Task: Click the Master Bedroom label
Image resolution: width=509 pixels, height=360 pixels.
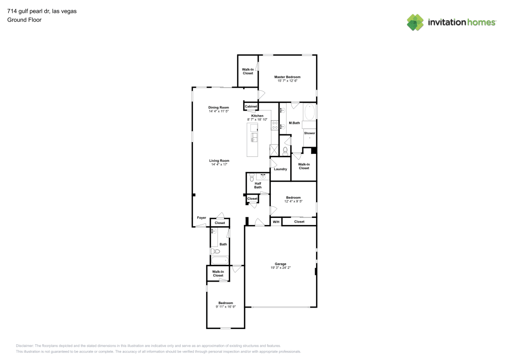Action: (287, 77)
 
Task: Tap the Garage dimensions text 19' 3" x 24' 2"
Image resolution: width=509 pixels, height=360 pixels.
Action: (281, 267)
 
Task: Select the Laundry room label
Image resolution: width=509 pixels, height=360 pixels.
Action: (280, 169)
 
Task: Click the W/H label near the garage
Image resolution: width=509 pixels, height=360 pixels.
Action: (275, 222)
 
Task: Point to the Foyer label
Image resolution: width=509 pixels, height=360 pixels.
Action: (202, 218)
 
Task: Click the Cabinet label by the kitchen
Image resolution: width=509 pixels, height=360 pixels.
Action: (251, 106)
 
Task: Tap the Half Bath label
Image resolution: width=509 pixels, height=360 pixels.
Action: (258, 185)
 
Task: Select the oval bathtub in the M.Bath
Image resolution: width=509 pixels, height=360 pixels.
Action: (310, 112)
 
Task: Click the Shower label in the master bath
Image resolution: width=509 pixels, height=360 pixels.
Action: (309, 133)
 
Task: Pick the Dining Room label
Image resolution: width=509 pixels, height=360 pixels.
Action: (218, 107)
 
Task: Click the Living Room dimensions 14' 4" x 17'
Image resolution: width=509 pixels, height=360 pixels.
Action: (219, 164)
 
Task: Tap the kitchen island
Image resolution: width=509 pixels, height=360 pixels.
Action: (252, 140)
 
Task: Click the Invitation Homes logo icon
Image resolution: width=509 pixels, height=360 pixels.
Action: (415, 22)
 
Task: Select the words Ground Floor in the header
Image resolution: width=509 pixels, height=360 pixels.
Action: (24, 20)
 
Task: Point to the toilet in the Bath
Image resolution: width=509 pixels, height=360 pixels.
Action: (215, 251)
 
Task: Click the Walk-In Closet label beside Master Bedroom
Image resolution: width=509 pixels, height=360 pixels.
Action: (248, 71)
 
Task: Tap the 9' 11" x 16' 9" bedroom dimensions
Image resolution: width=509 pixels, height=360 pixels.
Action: (225, 307)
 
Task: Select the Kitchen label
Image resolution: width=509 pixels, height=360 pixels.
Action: (257, 116)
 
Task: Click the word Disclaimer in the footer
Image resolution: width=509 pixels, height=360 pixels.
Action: (24, 345)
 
